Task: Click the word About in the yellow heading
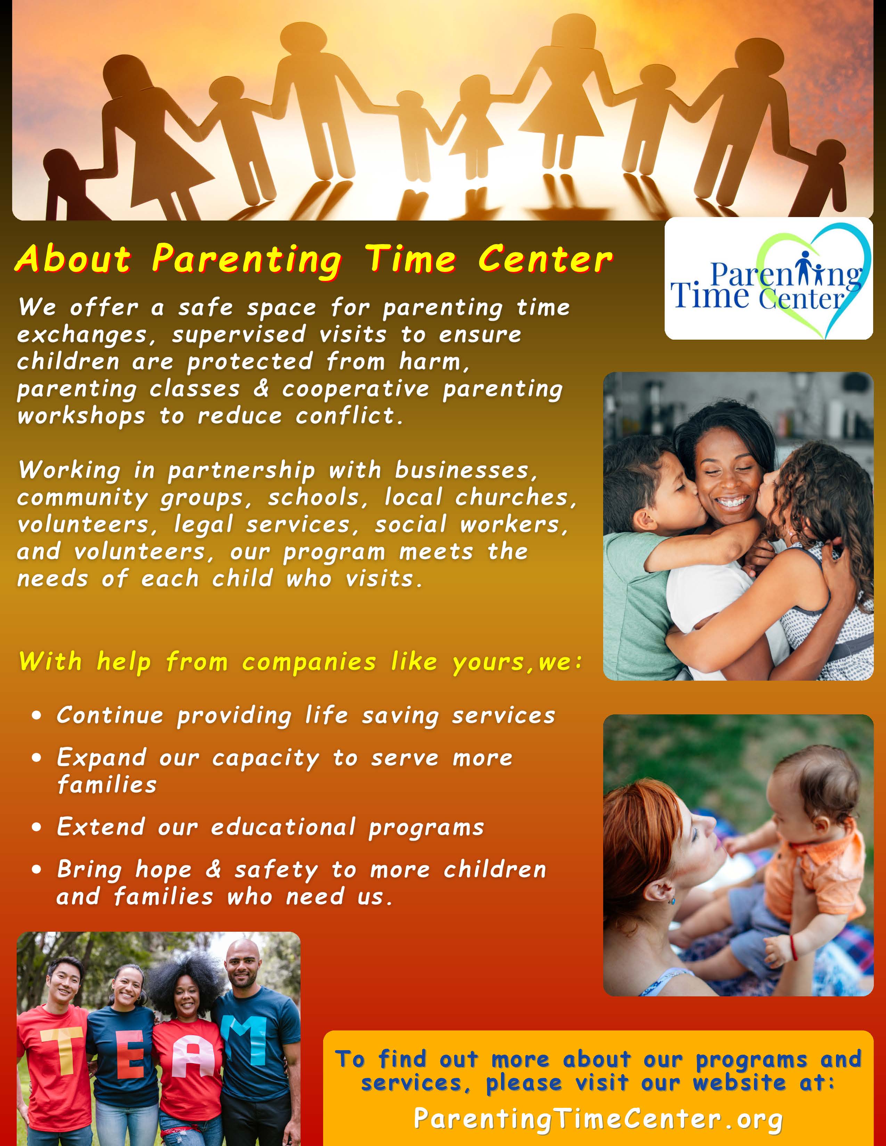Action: click(x=73, y=259)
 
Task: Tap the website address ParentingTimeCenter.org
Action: click(x=598, y=1119)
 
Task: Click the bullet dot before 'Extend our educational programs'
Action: click(x=36, y=827)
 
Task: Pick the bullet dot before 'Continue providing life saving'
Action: click(x=36, y=716)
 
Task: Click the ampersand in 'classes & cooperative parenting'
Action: click(x=261, y=389)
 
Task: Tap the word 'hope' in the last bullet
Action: click(x=164, y=870)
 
